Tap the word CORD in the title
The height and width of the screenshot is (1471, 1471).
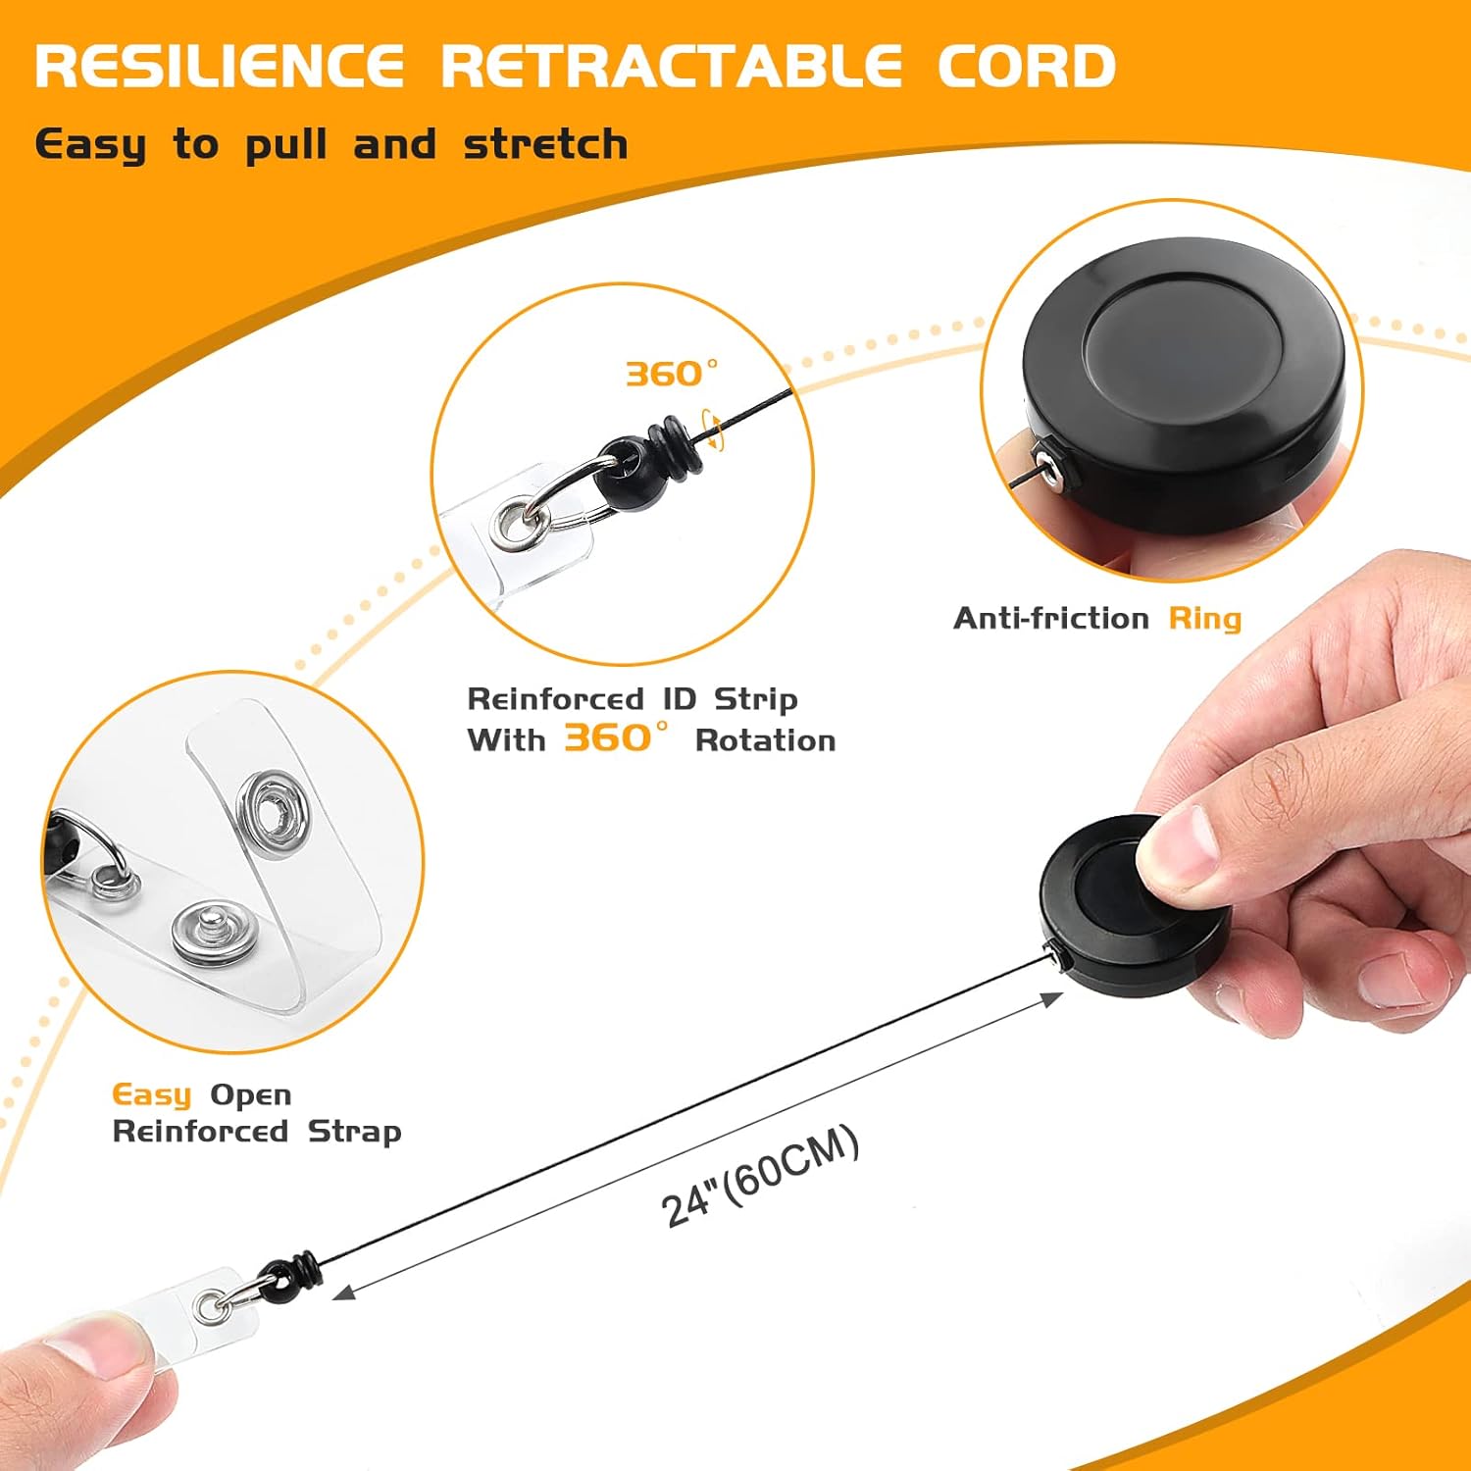click(1026, 67)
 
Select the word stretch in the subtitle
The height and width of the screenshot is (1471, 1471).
click(545, 145)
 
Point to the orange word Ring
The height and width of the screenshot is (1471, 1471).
click(1204, 619)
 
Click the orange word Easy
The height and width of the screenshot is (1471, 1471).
click(152, 1094)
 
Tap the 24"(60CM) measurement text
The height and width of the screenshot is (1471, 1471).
click(760, 1175)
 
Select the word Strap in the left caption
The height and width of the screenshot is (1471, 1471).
click(354, 1132)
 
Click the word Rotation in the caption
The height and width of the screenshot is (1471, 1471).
click(765, 740)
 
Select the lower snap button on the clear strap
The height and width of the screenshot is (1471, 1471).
click(209, 931)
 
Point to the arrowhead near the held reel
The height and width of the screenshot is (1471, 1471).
click(1053, 999)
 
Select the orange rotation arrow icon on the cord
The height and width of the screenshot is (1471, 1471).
click(715, 431)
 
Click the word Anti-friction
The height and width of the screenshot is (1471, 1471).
click(1050, 619)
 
